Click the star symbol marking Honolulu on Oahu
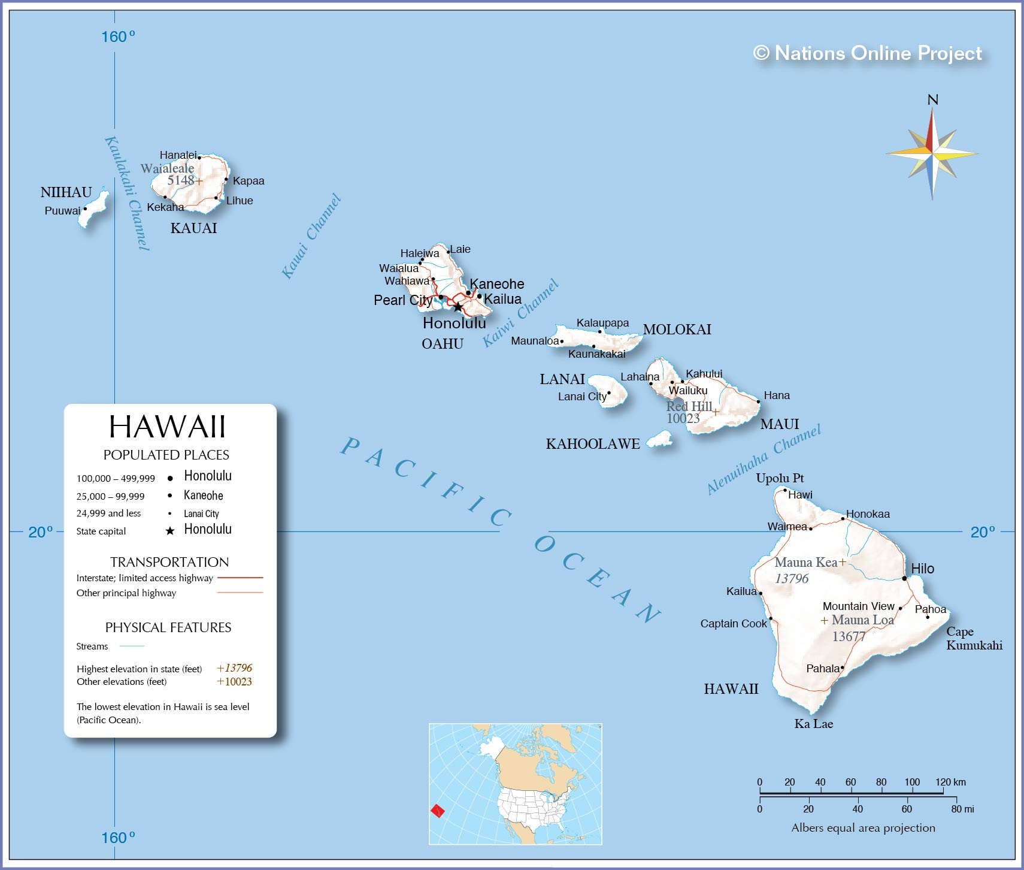[458, 307]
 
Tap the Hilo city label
[922, 569]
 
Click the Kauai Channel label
[311, 236]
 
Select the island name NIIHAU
[66, 192]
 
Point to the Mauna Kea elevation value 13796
[792, 579]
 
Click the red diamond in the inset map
[438, 811]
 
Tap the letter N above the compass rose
[932, 100]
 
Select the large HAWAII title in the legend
[167, 427]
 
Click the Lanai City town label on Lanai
[582, 397]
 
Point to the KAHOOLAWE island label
[593, 444]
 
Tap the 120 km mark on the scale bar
[950, 782]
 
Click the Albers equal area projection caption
[863, 828]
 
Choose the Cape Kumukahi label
[974, 639]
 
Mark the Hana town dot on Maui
[758, 401]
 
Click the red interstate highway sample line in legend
[240, 578]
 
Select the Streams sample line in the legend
[132, 646]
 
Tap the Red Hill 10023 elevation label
[688, 412]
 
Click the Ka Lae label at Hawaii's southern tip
[813, 724]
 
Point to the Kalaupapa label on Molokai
[602, 323]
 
